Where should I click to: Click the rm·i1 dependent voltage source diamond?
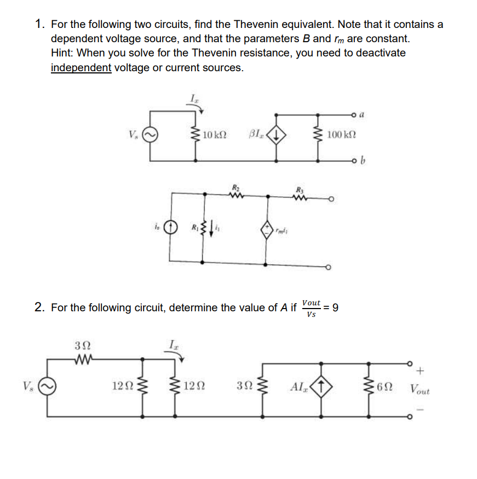click(268, 230)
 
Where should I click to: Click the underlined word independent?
click(81, 68)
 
